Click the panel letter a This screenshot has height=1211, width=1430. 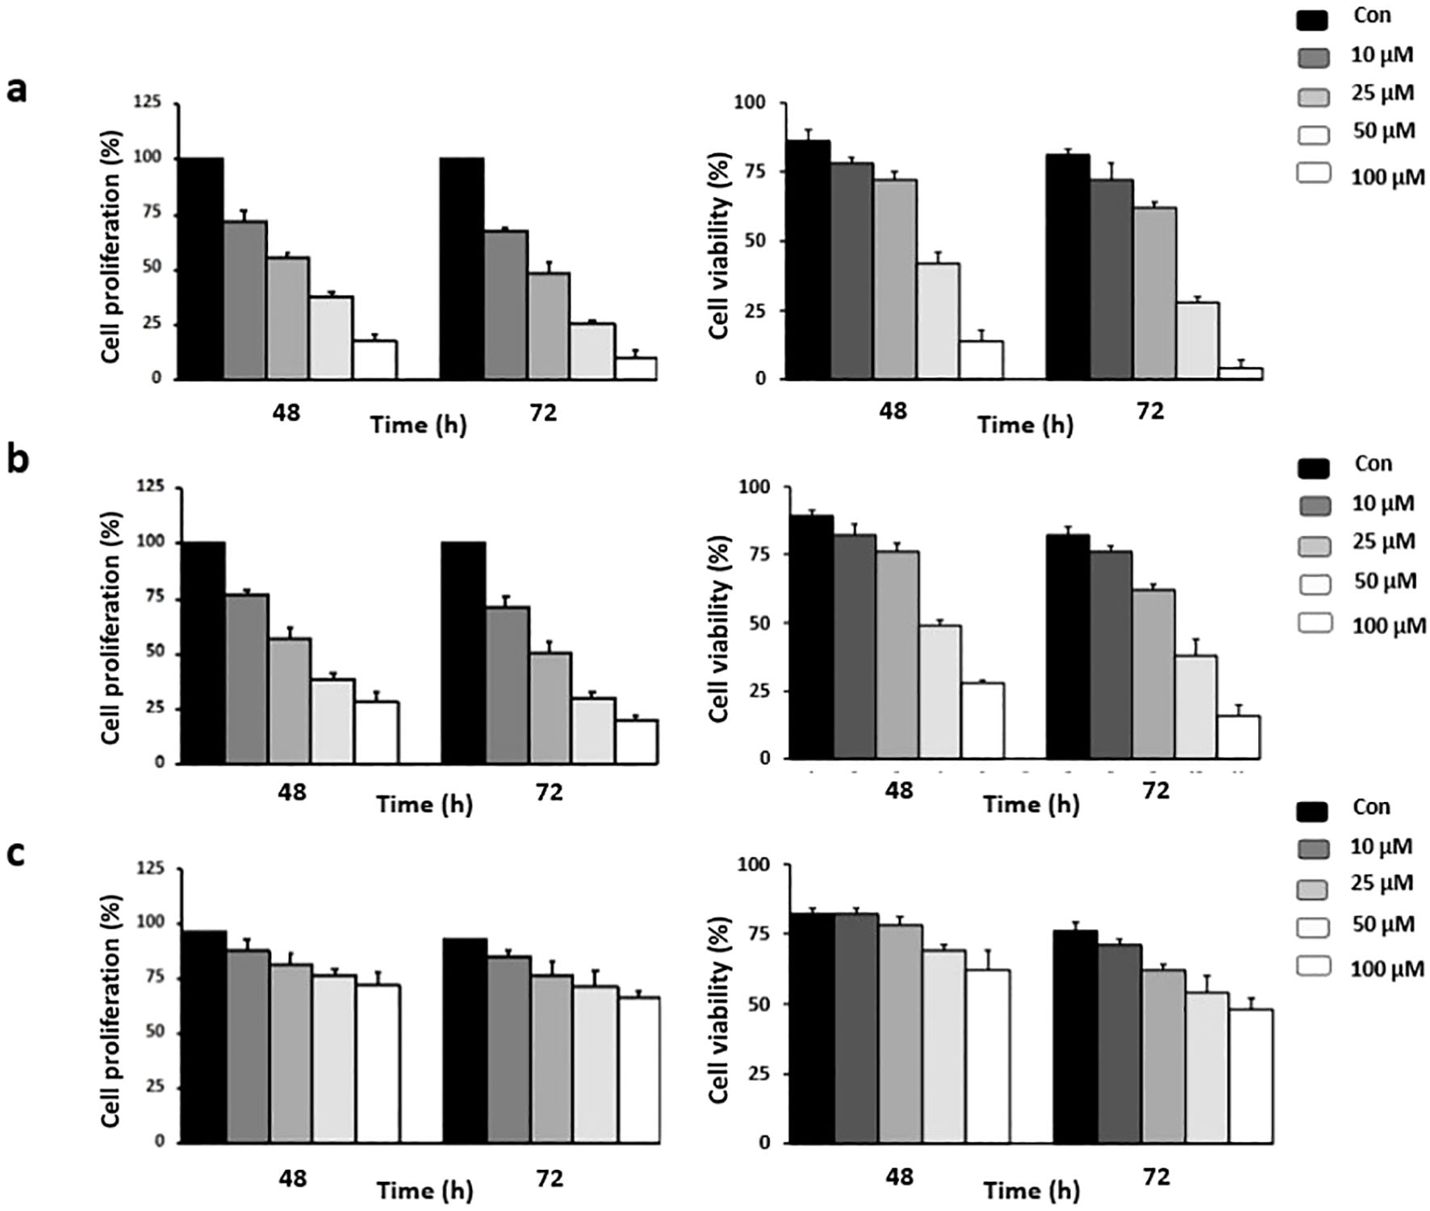[16, 90]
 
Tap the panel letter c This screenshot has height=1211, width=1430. [16, 853]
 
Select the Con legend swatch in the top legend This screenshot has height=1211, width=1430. [1313, 19]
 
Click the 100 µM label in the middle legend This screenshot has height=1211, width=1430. [1389, 625]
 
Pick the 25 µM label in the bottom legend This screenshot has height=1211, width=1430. [1382, 883]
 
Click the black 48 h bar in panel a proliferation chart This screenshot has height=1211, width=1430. [201, 268]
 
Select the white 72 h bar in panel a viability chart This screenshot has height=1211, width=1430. [1241, 373]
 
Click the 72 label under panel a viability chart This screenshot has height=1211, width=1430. [1151, 411]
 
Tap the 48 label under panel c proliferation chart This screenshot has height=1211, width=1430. [292, 1178]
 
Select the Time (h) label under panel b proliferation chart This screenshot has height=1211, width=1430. [424, 804]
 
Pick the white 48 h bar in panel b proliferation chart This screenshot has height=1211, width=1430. [377, 732]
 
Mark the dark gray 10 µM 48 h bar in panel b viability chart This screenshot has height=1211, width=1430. [855, 645]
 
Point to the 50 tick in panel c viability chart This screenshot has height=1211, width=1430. [759, 1004]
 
